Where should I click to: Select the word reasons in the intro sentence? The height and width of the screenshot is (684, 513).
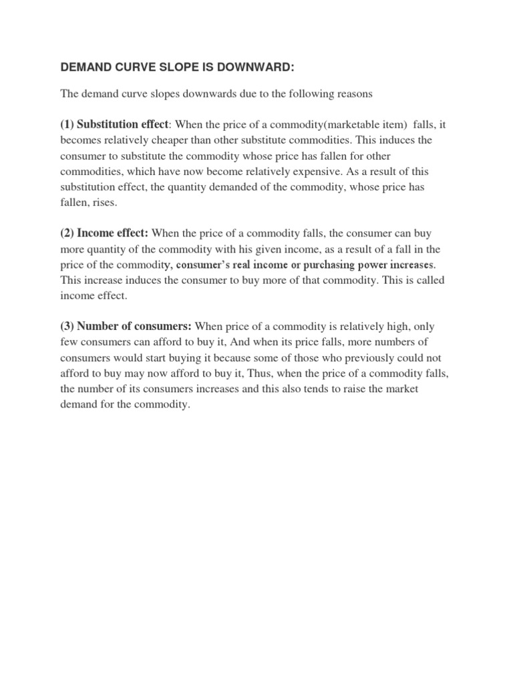point(352,95)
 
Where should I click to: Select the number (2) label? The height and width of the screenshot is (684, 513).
point(67,233)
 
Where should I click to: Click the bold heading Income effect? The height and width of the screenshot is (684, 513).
point(114,233)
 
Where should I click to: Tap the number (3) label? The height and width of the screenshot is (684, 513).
point(67,326)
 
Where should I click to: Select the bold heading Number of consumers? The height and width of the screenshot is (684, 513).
point(135,326)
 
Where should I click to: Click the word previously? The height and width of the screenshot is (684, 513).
point(355,358)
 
